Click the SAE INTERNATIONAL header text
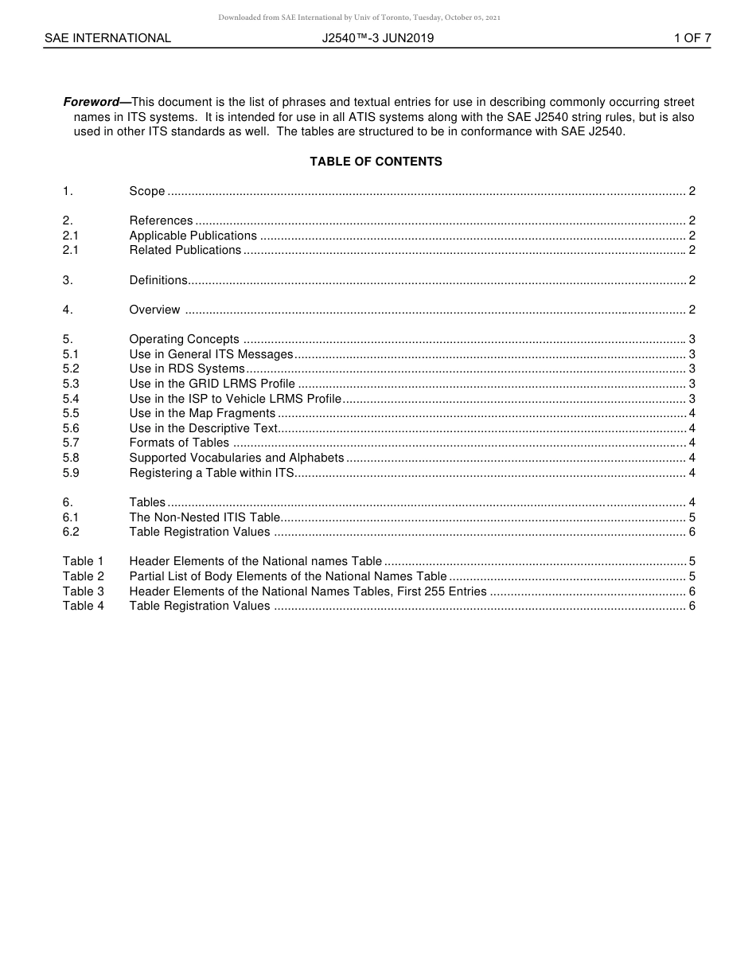click(107, 37)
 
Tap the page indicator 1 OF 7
click(692, 37)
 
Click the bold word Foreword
click(91, 102)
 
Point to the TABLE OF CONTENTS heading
click(376, 162)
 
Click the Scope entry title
click(147, 191)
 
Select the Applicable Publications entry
click(193, 236)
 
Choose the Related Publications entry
click(185, 250)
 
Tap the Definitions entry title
click(158, 280)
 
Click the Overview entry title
click(154, 310)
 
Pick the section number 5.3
click(71, 384)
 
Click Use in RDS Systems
click(187, 369)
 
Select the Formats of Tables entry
click(179, 443)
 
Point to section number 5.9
click(71, 473)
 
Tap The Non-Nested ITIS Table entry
click(205, 517)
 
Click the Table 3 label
click(84, 591)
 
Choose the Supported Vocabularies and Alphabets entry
click(236, 458)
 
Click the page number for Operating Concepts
click(692, 339)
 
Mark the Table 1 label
click(84, 561)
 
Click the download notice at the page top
click(360, 18)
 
